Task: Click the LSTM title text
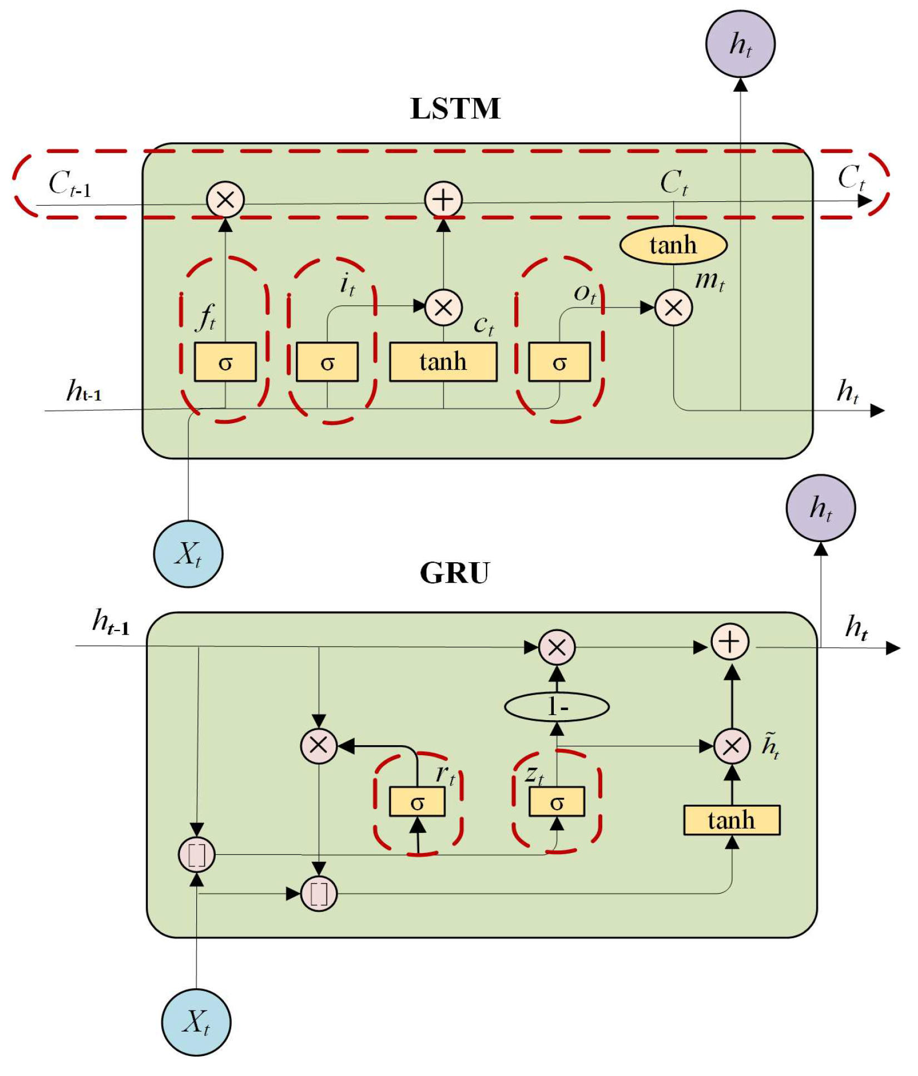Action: pos(455,108)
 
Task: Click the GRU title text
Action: pos(454,573)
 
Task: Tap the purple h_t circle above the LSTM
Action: pos(740,44)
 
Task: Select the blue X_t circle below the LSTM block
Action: pos(188,554)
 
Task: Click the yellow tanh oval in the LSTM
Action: pos(673,245)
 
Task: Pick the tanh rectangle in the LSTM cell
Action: pos(443,362)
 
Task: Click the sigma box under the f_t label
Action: pos(225,362)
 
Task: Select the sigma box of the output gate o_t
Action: pos(559,362)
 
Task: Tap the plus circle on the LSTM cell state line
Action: pos(443,200)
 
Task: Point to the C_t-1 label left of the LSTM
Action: pos(69,184)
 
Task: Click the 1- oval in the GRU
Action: pos(557,707)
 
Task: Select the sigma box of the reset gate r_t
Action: pos(417,802)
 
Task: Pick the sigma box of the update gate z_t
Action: pos(557,802)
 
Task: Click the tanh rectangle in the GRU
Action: pos(731,820)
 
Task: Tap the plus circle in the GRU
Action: pos(730,642)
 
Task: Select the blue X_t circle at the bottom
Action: pos(196,1022)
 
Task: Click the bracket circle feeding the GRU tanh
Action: pos(319,894)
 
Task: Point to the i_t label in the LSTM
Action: pos(347,285)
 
